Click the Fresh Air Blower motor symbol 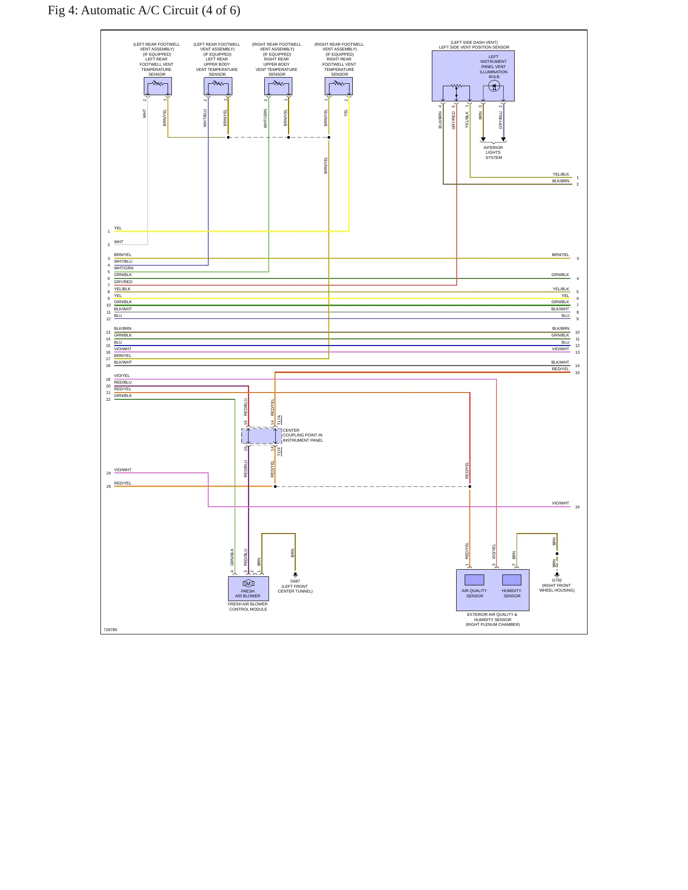[248, 583]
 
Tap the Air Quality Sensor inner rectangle [474, 580]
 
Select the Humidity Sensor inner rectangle [512, 580]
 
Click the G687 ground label [295, 581]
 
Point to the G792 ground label [557, 580]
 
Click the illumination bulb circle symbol [494, 87]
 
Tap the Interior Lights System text [493, 153]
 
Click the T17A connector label [279, 420]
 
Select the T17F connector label [279, 451]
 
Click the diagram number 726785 [110, 630]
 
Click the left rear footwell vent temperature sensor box [158, 86]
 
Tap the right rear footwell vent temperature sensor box [339, 86]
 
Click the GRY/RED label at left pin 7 [123, 282]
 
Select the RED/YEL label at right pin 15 [560, 369]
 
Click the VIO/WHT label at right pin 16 [560, 503]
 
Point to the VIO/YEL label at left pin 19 [122, 376]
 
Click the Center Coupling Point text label [303, 435]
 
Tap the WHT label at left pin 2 [119, 242]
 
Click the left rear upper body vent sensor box [218, 86]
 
